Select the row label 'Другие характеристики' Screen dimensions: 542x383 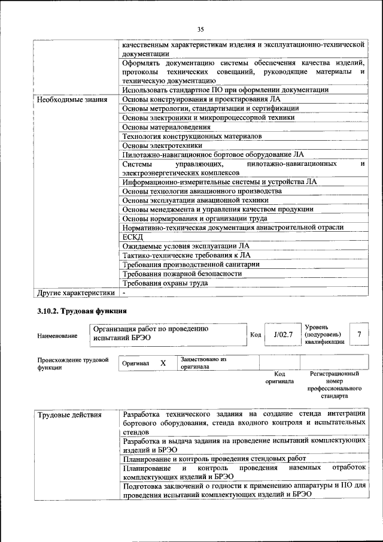(x=75, y=293)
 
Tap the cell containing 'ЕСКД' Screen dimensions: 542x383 (x=130, y=237)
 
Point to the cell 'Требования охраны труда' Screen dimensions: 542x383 (x=165, y=283)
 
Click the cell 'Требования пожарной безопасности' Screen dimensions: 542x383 (x=182, y=274)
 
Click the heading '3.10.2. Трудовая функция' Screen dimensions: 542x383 (x=81, y=311)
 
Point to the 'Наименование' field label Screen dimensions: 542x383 (x=57, y=336)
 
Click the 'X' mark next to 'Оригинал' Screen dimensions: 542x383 (x=163, y=363)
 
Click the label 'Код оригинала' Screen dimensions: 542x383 (x=279, y=377)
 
